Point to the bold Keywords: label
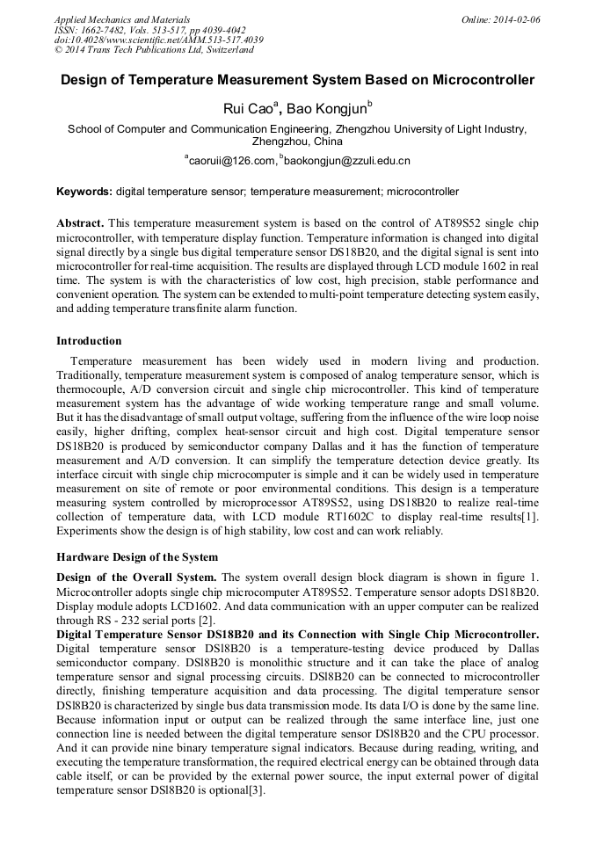84,191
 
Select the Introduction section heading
89,341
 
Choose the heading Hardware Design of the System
137,557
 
